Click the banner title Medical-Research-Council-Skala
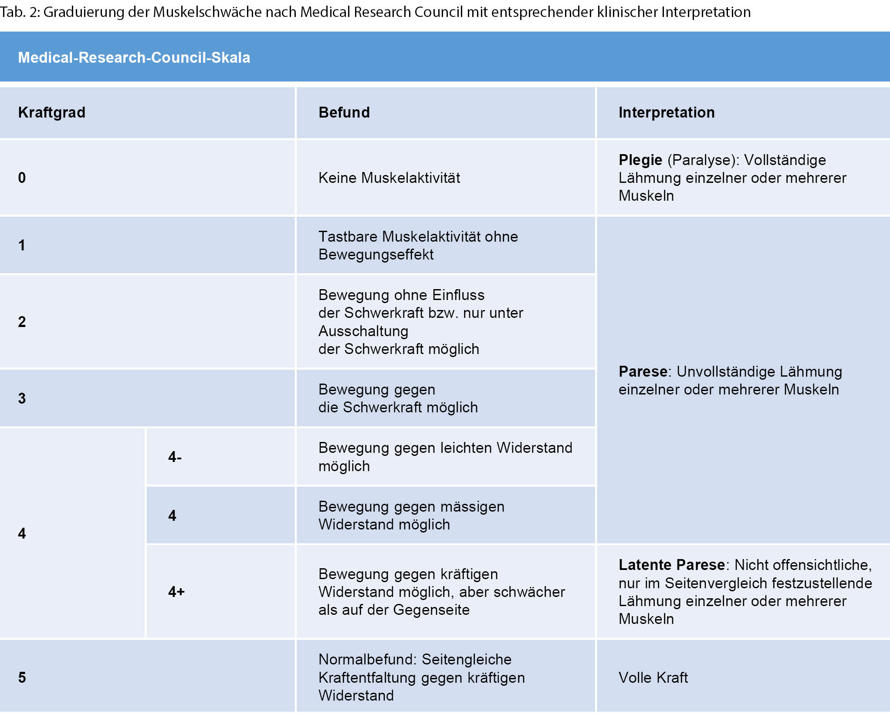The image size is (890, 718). (x=134, y=57)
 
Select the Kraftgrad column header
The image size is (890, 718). (x=51, y=112)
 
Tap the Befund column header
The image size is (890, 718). (x=344, y=112)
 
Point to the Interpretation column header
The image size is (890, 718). (x=666, y=112)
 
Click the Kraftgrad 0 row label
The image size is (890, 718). (x=22, y=178)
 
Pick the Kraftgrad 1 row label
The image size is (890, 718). (x=22, y=245)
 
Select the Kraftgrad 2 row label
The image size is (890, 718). (x=22, y=322)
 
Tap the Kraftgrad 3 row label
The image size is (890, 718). (x=22, y=398)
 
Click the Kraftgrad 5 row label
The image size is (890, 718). (x=22, y=678)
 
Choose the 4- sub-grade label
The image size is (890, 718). (x=175, y=457)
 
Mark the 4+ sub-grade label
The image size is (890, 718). (x=176, y=592)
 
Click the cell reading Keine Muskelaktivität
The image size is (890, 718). (x=389, y=178)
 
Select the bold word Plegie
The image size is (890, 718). (x=640, y=160)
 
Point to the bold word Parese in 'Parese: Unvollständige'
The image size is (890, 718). (x=643, y=371)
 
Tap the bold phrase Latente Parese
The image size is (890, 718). (x=671, y=565)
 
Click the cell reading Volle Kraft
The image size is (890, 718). (x=653, y=678)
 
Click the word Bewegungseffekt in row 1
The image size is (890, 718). (x=376, y=254)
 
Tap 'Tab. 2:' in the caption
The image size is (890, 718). (x=19, y=12)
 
